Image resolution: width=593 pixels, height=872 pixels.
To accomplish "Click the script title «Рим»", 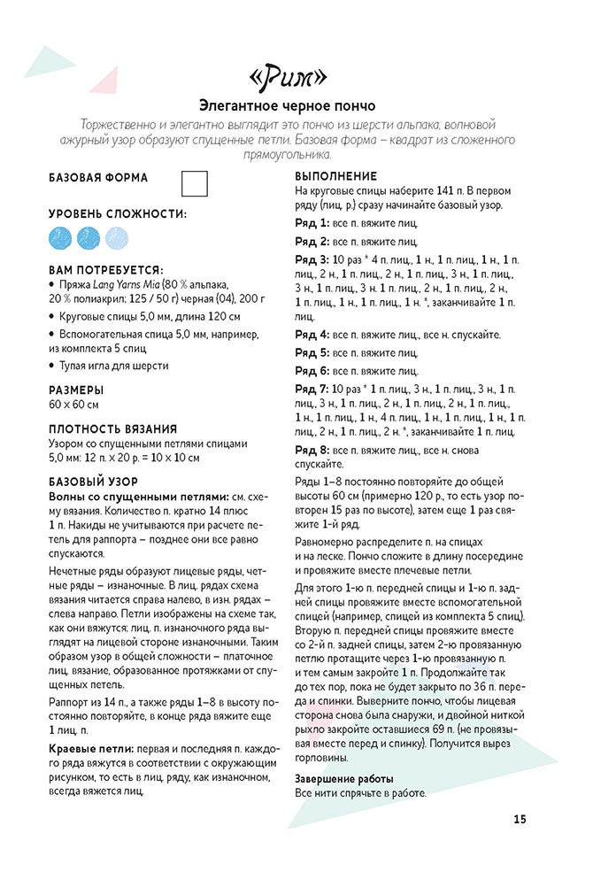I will click(x=296, y=77).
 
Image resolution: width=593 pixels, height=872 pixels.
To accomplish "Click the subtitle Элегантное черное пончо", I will click(x=296, y=104).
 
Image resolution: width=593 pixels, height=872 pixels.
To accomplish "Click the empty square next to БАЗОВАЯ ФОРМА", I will click(x=194, y=183).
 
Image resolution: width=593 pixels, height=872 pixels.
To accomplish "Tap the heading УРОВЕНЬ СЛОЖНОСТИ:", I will click(x=117, y=214).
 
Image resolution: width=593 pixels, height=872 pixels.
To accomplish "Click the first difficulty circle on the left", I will click(x=61, y=237).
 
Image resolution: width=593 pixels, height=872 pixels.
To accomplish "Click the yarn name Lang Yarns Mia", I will click(x=129, y=284).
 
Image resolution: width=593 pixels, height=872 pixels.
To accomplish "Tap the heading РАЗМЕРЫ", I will click(x=75, y=389).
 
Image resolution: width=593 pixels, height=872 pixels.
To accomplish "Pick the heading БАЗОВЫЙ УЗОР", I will click(x=91, y=482).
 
